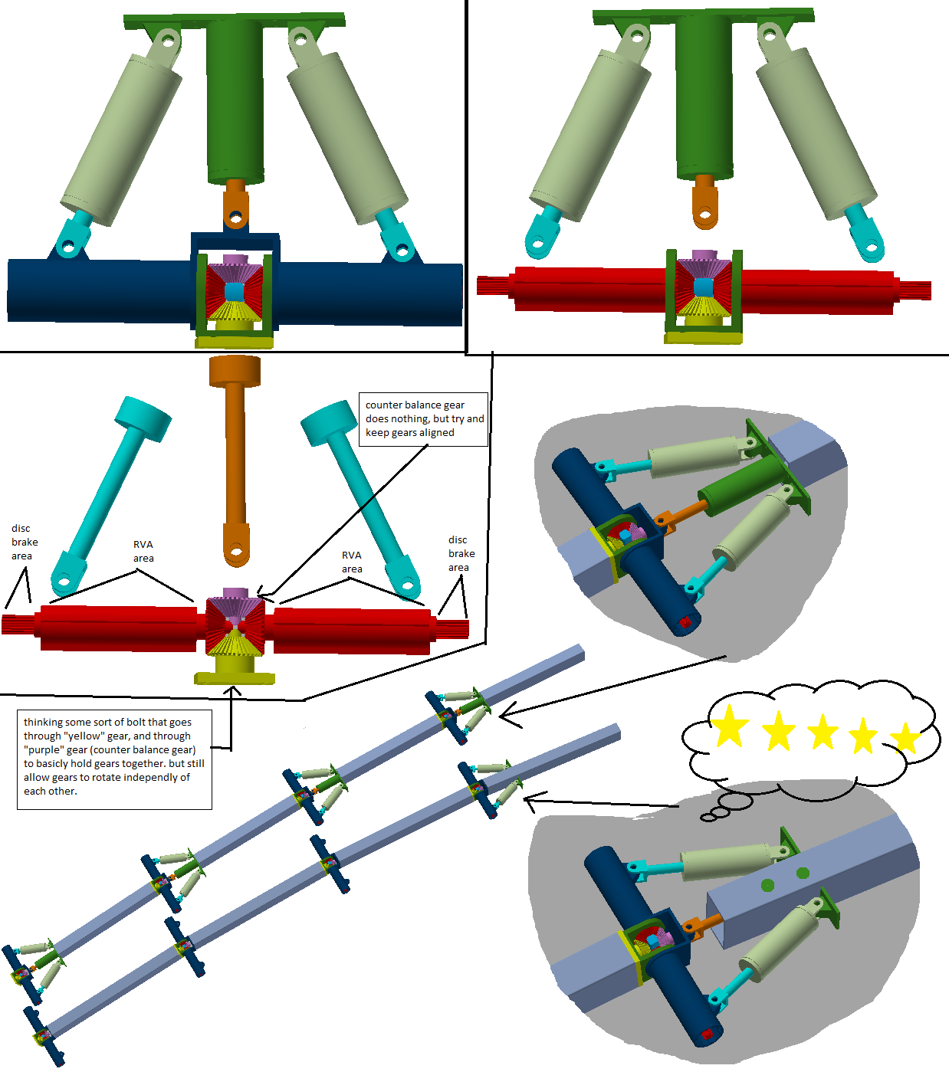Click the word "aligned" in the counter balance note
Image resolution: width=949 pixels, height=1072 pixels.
tap(437, 433)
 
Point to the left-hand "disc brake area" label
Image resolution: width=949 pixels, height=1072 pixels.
tap(25, 542)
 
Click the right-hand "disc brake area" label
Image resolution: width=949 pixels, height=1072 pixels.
tap(461, 553)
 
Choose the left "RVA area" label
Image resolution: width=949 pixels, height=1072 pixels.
tap(143, 552)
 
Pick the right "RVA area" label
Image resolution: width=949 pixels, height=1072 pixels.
tap(352, 562)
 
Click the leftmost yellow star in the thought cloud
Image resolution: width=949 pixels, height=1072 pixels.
tap(729, 726)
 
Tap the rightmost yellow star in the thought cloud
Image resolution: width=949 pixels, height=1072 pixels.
tap(906, 737)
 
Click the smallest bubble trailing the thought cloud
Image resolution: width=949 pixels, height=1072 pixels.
tap(707, 818)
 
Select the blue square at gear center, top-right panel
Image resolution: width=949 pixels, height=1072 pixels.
tap(703, 287)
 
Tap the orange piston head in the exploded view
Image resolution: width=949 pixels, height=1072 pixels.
tap(235, 370)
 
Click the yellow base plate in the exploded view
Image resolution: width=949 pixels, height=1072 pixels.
tap(235, 678)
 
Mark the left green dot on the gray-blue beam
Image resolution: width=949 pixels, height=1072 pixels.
tap(767, 884)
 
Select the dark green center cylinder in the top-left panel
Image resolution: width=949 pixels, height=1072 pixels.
tap(235, 100)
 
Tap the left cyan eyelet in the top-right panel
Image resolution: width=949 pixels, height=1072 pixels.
tap(543, 233)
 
